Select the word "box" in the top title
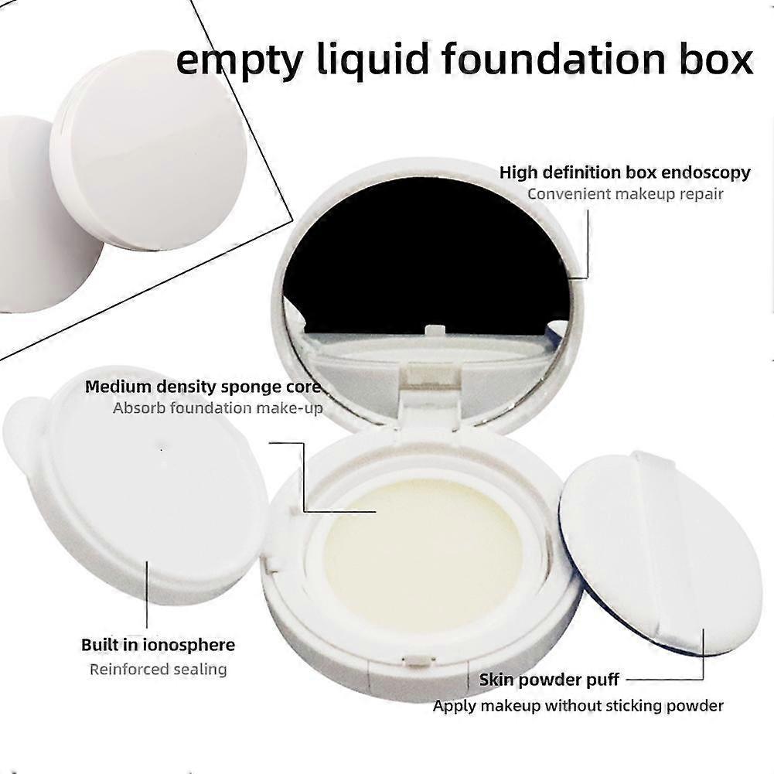716,60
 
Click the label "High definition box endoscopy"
625,172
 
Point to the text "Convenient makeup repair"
625,193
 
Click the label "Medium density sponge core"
203,387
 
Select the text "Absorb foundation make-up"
218,407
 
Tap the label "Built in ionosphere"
158,645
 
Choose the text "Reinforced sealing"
158,670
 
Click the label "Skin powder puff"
549,680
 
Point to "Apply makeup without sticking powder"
578,705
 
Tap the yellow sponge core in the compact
425,539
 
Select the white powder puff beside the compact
661,553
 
